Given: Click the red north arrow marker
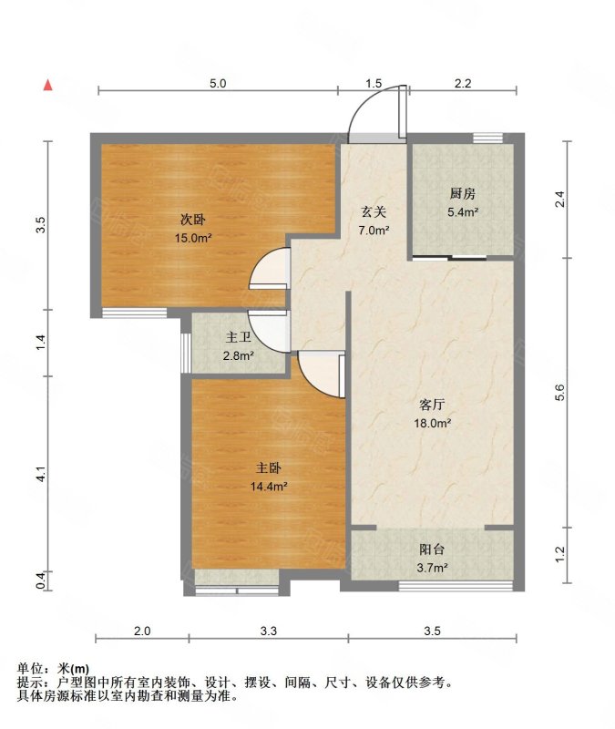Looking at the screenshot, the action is (47, 85).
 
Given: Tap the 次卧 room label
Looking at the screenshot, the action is (193, 219).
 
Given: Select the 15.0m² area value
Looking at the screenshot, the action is (193, 238).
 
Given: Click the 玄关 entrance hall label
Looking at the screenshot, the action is (374, 212).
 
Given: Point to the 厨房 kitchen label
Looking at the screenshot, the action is (463, 193).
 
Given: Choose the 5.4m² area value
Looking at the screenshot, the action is (463, 212).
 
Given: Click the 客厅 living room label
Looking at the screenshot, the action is (432, 405).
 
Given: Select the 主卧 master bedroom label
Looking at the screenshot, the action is (269, 467).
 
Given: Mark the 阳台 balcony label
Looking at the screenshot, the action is (432, 549).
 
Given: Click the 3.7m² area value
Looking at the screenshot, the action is (432, 568).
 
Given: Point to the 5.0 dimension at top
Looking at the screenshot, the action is (218, 83).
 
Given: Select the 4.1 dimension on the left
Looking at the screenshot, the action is (41, 473).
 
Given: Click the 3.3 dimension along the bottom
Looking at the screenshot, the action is (268, 631).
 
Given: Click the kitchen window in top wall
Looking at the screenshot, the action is (487, 139).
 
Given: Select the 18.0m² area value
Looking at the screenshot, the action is (432, 423).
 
